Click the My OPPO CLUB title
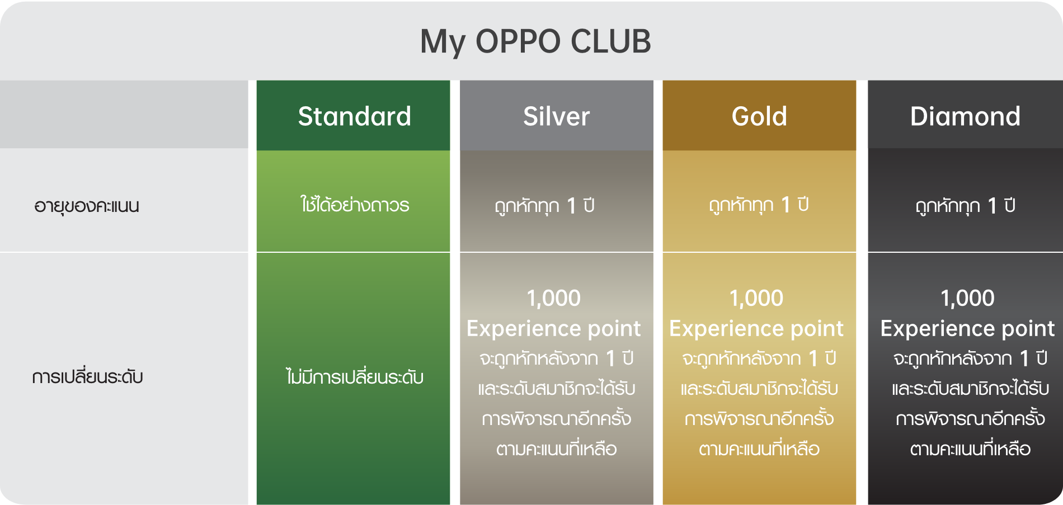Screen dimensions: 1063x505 coord(535,42)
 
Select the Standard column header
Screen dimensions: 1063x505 coord(354,116)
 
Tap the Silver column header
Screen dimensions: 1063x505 coord(556,116)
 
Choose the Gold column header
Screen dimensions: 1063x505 coord(759,116)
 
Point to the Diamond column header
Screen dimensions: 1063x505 coord(965,116)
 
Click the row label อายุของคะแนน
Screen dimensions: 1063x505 coord(87,206)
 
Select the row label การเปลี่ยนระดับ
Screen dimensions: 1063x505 coord(87,376)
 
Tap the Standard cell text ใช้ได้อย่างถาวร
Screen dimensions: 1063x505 coord(354,204)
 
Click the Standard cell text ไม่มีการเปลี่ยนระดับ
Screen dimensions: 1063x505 coord(354,376)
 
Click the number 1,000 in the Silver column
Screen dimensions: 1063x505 coord(553,298)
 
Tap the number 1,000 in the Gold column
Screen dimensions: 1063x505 coord(756,298)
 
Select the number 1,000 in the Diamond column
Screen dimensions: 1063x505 coord(967,298)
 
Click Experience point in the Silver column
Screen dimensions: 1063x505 coord(553,329)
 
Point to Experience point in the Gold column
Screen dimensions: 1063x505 coord(756,329)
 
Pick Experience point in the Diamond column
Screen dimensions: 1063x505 coord(967,329)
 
